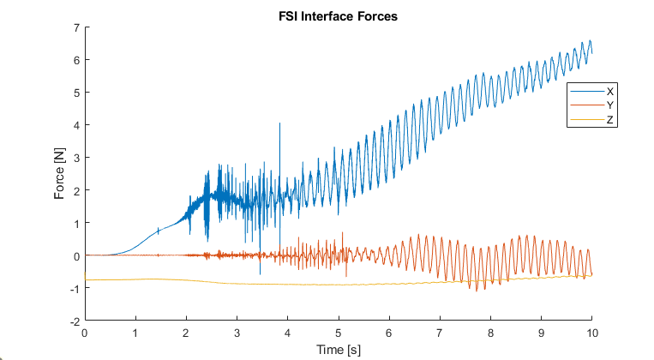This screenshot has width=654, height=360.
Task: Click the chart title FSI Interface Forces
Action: click(x=338, y=16)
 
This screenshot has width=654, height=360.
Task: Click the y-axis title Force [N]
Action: click(x=60, y=173)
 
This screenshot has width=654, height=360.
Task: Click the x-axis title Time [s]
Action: click(x=339, y=350)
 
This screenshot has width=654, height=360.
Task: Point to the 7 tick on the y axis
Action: click(x=76, y=27)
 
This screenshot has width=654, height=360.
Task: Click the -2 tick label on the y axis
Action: click(x=75, y=321)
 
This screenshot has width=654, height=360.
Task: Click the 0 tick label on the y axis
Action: click(x=76, y=256)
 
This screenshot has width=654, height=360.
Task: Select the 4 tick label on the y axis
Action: click(x=76, y=125)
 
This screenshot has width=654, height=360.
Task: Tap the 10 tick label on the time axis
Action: click(x=592, y=333)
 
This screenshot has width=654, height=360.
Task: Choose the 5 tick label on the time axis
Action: click(x=339, y=333)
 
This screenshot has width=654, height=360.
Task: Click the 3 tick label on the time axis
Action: click(x=237, y=333)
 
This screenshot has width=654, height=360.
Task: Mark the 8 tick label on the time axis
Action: click(x=490, y=333)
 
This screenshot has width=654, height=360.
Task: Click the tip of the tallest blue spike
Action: click(x=279, y=123)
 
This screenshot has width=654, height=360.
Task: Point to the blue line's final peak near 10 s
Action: click(x=590, y=40)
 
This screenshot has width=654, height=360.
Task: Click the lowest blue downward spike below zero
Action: click(x=260, y=274)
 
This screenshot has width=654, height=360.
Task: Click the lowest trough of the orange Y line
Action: click(x=477, y=291)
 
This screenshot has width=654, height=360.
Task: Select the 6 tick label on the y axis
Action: click(x=76, y=60)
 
